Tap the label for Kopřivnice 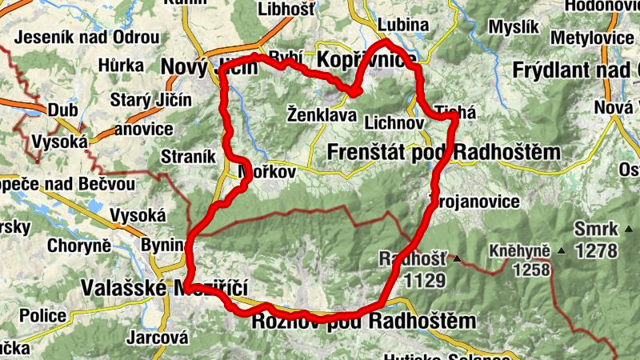tap(366, 60)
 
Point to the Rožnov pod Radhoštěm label tap(364, 321)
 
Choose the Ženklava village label tap(321, 115)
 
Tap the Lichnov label tap(392, 123)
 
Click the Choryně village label tap(78, 245)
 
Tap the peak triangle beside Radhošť tap(457, 259)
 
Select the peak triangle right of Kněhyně tap(561, 252)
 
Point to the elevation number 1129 tap(424, 279)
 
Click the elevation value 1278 tap(595, 250)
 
